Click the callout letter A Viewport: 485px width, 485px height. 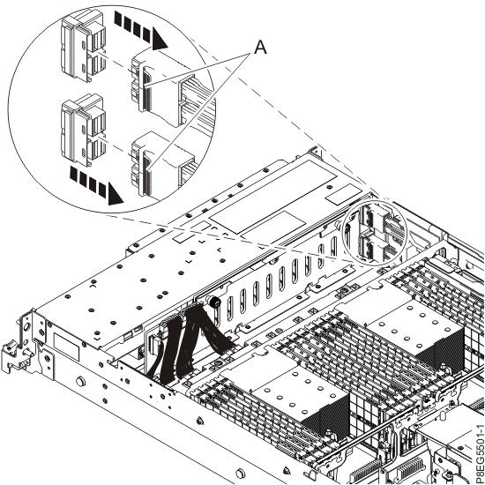260,48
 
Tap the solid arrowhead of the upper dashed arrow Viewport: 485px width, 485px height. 160,39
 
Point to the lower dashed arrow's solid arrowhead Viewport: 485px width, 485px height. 115,194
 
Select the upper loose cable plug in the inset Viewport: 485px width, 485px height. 84,46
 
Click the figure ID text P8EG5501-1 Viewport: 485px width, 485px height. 479,454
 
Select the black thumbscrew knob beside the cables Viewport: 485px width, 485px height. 213,302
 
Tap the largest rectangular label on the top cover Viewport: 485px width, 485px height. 272,196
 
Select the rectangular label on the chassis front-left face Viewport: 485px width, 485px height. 66,347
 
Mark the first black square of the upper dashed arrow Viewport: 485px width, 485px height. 118,19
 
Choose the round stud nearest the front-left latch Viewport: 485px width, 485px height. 81,380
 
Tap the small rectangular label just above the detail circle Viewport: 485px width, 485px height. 345,194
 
